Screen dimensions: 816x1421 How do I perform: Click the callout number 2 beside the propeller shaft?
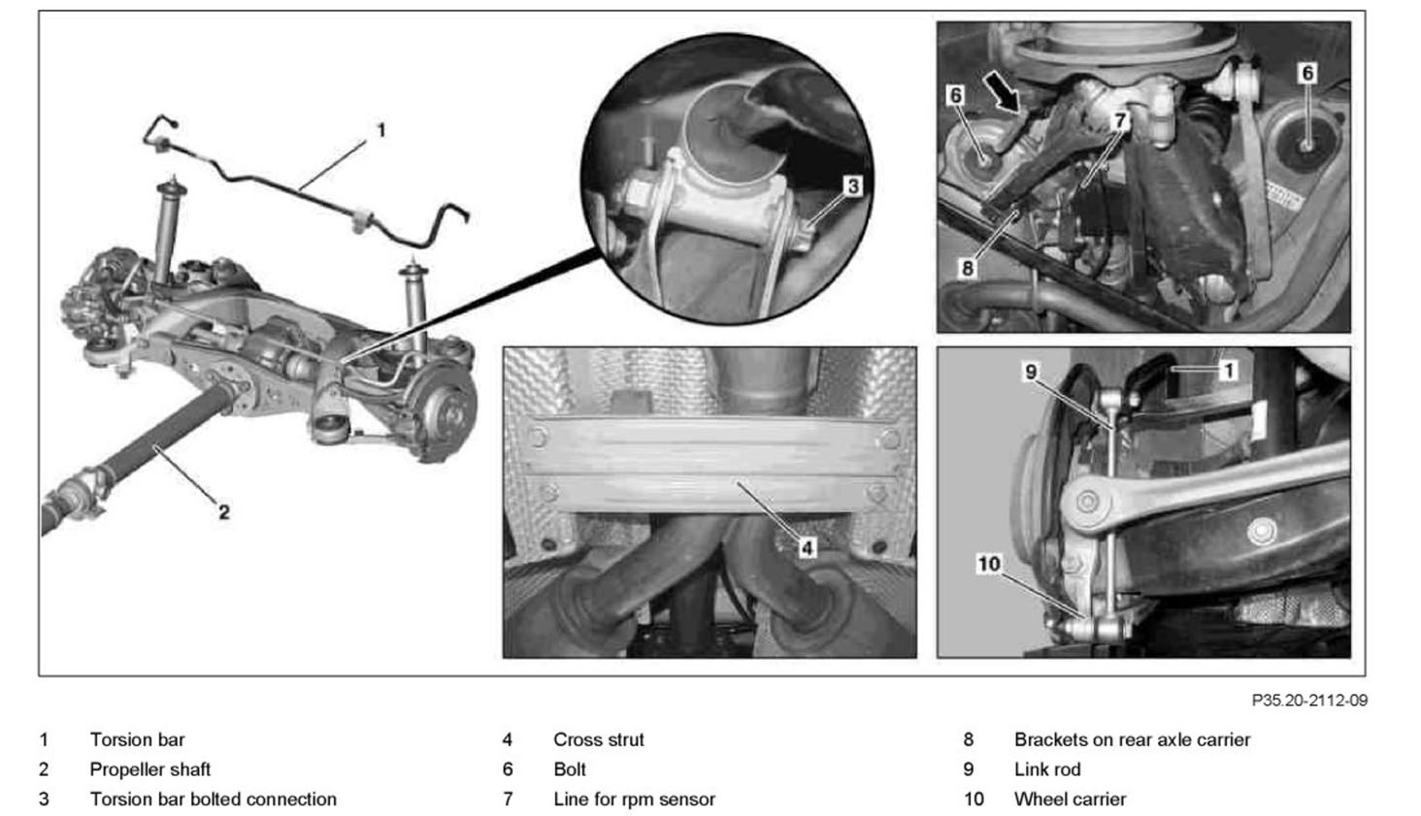tap(223, 511)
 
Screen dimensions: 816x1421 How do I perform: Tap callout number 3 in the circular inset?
tap(852, 186)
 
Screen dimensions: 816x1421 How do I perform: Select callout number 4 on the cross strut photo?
tap(808, 548)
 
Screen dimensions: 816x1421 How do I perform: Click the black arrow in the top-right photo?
tap(1002, 93)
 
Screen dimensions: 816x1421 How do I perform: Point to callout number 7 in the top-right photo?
tap(1120, 120)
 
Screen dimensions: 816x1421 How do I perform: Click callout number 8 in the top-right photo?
tap(967, 267)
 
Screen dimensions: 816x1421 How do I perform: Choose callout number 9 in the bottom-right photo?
tap(1031, 372)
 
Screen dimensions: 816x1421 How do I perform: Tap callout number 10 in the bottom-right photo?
tap(988, 564)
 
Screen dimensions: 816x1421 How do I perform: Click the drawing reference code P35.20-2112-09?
tap(1309, 700)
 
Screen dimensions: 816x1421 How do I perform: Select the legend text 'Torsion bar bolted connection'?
tap(213, 800)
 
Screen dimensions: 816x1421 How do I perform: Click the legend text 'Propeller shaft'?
tap(149, 769)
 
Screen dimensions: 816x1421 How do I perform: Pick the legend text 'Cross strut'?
tap(598, 739)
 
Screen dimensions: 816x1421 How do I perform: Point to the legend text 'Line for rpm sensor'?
tap(634, 800)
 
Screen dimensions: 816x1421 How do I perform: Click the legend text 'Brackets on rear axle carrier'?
tap(1132, 739)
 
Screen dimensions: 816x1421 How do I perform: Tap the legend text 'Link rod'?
tap(1046, 769)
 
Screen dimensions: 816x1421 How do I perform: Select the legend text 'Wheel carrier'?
tap(1070, 800)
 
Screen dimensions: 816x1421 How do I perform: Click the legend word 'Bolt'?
tap(570, 769)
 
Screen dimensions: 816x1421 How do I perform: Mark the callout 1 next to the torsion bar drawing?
tap(380, 129)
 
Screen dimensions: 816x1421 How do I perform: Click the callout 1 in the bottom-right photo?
tap(1228, 370)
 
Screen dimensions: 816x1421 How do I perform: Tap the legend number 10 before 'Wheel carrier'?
tap(973, 800)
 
